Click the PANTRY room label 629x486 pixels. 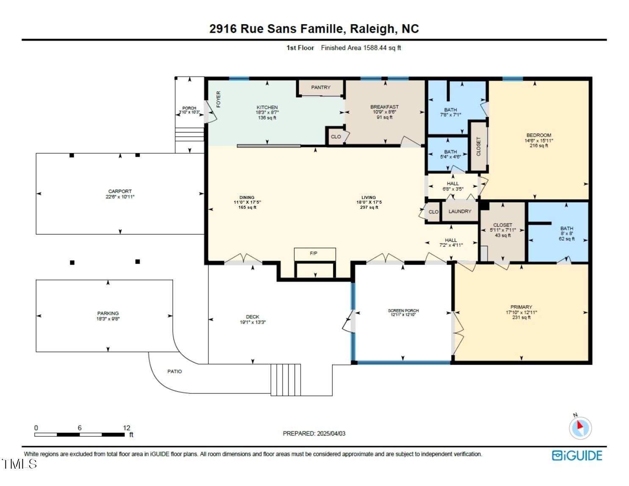(321, 87)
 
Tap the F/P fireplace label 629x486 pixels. (314, 253)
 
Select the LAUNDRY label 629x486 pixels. (460, 211)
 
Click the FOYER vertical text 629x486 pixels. (218, 99)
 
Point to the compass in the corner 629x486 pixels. (580, 428)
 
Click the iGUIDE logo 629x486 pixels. (577, 456)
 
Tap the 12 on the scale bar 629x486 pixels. (127, 428)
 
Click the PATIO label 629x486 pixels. (174, 371)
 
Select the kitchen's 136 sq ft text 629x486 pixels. (267, 118)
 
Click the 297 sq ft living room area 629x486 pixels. (369, 207)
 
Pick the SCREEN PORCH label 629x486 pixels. (403, 311)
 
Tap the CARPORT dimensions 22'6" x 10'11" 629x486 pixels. (120, 197)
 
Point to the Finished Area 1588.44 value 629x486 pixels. (375, 48)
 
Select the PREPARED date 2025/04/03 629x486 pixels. (331, 434)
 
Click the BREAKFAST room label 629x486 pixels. (384, 107)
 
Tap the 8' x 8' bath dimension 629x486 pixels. (566, 234)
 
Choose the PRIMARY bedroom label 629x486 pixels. (521, 307)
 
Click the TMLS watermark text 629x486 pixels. (19, 464)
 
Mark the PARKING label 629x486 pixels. (108, 313)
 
